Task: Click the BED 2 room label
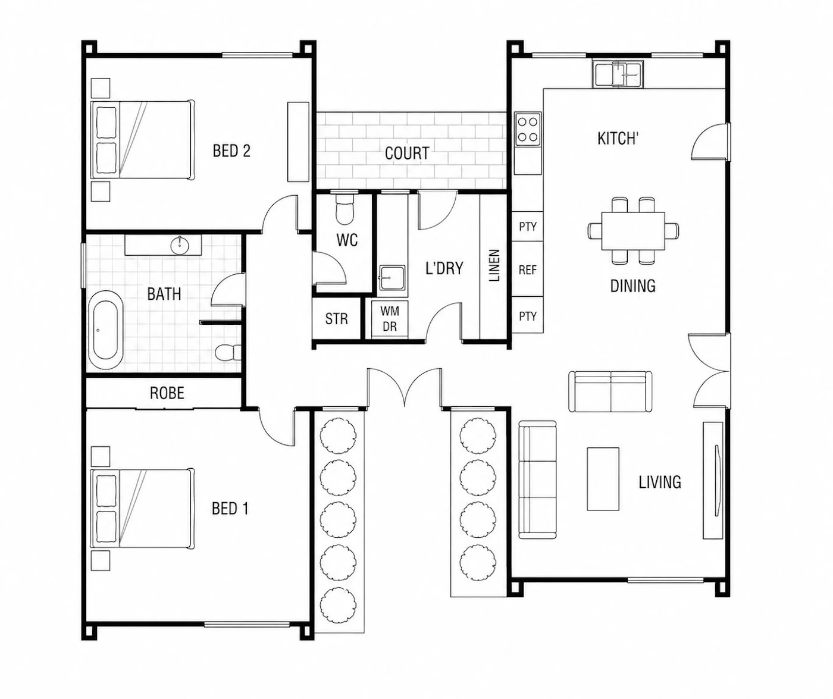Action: click(x=231, y=151)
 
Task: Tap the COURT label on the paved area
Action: click(x=407, y=153)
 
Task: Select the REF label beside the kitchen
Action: click(x=527, y=270)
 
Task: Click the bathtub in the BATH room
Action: click(x=106, y=330)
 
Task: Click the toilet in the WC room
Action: click(x=345, y=209)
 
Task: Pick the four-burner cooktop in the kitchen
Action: click(x=527, y=129)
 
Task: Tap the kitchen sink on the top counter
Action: click(x=618, y=74)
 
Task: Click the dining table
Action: click(x=633, y=231)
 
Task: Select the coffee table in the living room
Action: click(x=603, y=479)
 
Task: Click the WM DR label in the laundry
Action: click(x=389, y=319)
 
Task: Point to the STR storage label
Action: click(x=336, y=319)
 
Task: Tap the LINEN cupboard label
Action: click(x=494, y=265)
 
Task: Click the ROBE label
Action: click(x=167, y=393)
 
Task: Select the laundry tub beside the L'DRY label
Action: click(x=392, y=278)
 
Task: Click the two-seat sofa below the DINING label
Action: click(x=610, y=391)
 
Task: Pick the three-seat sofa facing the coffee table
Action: click(x=537, y=479)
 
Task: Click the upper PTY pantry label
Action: click(x=527, y=227)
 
